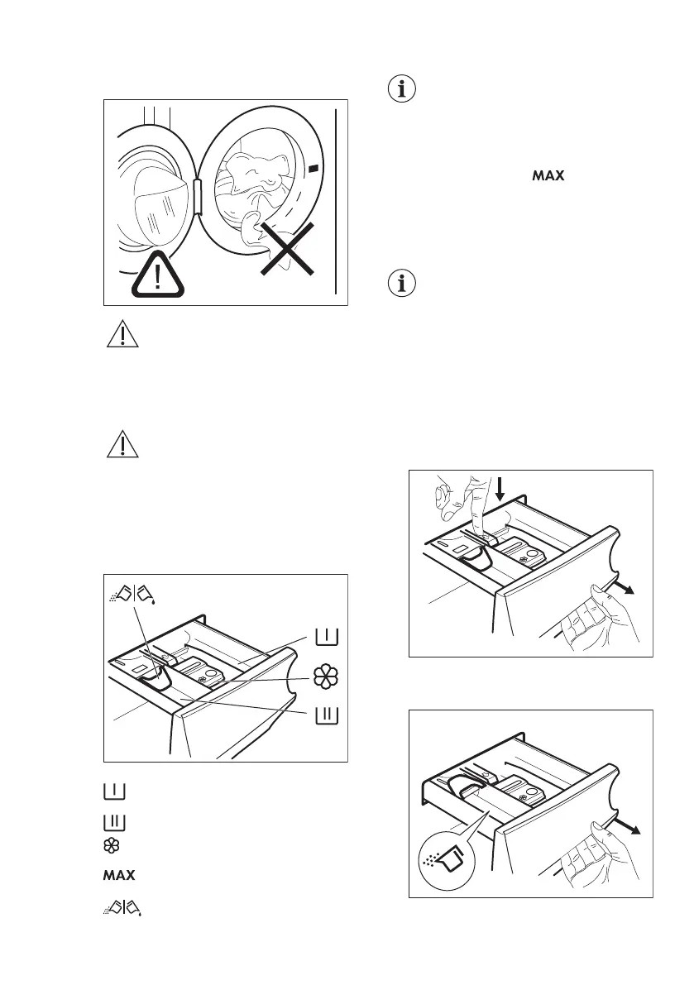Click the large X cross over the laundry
[x=284, y=247]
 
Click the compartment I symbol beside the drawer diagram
[x=325, y=637]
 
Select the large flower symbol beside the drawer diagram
[x=325, y=676]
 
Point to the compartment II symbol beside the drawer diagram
[x=325, y=714]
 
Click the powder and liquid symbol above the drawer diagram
[x=133, y=593]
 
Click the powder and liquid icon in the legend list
[x=123, y=907]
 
